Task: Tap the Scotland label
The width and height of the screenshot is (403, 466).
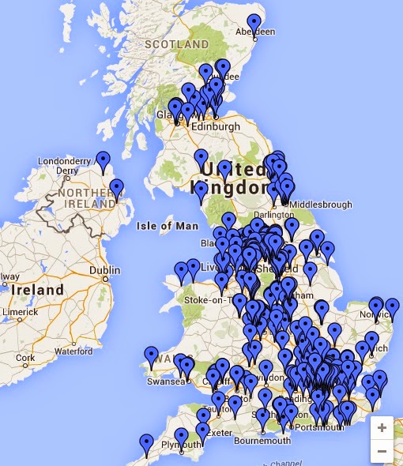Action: pyautogui.click(x=171, y=44)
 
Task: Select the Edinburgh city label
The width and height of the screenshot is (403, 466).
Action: pyautogui.click(x=214, y=126)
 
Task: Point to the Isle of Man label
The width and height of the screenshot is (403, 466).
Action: pyautogui.click(x=167, y=226)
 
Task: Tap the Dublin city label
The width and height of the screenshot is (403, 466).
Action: pyautogui.click(x=104, y=270)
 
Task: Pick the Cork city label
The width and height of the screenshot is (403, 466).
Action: pyautogui.click(x=25, y=358)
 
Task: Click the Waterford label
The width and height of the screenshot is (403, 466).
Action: pyautogui.click(x=73, y=351)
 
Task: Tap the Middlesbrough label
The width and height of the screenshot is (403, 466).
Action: pyautogui.click(x=321, y=205)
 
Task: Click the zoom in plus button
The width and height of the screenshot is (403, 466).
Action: pyautogui.click(x=382, y=427)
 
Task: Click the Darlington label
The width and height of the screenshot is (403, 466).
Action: pyautogui.click(x=273, y=214)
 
